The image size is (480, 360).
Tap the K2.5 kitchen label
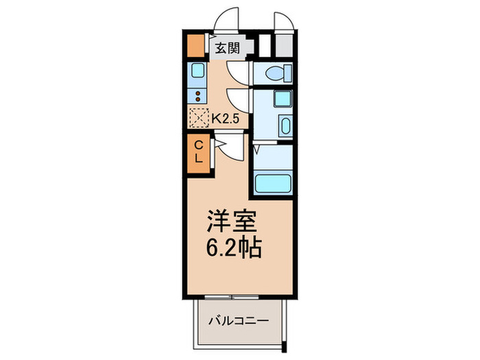coord(224,118)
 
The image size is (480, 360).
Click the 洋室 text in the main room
coord(232,221)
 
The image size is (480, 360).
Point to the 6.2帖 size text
coord(233,247)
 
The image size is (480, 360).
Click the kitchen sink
coord(198,71)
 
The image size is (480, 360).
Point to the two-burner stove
coord(198,96)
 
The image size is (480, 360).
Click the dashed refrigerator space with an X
coord(198,118)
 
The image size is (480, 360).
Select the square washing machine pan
coord(283,99)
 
